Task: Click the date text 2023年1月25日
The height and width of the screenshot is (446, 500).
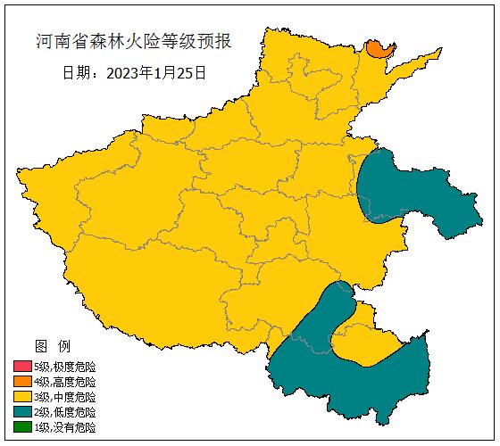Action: [156, 72]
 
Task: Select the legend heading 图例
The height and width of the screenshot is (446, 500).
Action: [46, 346]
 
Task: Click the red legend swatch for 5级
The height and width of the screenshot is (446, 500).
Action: [22, 367]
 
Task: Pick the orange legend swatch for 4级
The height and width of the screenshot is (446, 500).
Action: [22, 382]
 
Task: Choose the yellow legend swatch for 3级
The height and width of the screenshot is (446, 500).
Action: [22, 397]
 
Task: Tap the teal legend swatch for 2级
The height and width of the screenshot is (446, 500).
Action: [22, 412]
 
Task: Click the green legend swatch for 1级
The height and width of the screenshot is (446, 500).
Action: [22, 427]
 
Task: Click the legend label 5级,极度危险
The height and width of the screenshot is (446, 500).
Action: [64, 367]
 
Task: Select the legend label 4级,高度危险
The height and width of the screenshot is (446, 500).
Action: [64, 382]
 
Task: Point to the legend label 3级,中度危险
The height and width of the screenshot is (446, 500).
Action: [64, 397]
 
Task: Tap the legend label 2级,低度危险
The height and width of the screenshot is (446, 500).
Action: [64, 412]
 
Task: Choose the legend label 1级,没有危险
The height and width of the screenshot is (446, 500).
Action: [64, 427]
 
